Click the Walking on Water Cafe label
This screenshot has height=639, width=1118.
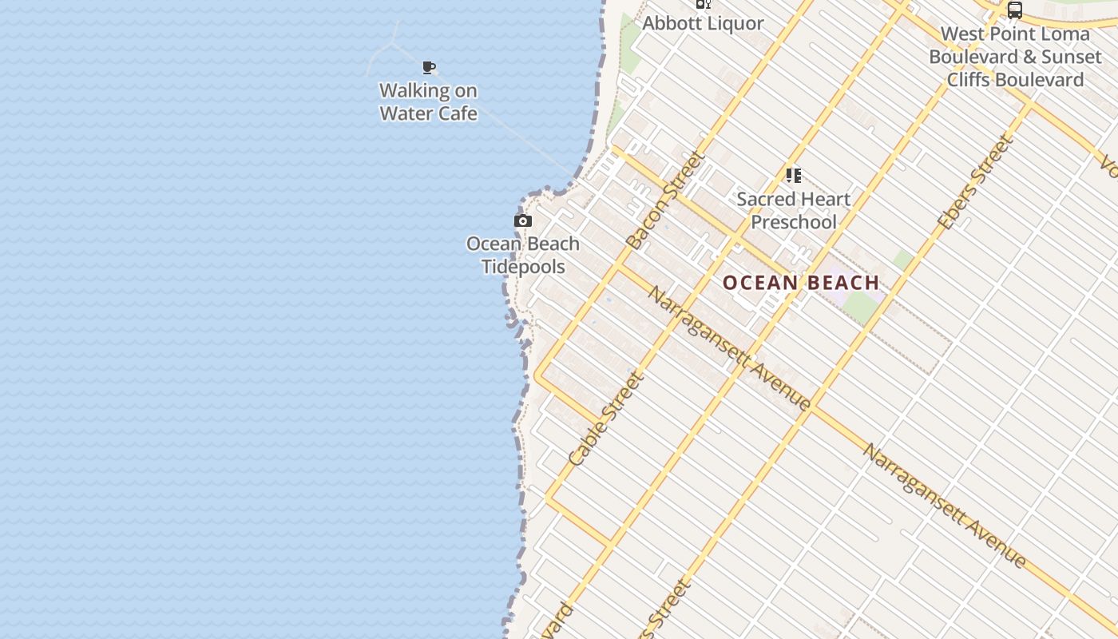[x=428, y=102]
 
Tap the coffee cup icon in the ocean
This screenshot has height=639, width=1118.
[x=429, y=67]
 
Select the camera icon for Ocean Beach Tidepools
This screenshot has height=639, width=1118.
[x=523, y=220]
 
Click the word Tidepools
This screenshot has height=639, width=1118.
[x=523, y=267]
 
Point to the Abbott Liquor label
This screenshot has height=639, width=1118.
[x=703, y=23]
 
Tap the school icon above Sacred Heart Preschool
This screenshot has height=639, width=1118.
[x=793, y=175]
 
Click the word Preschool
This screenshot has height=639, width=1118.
[x=794, y=222]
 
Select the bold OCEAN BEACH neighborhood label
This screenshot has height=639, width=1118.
[x=801, y=283]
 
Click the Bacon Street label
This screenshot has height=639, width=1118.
[x=665, y=200]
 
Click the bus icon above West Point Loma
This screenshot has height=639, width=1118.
[x=1014, y=10]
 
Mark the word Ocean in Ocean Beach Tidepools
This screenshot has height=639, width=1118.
[x=494, y=244]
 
